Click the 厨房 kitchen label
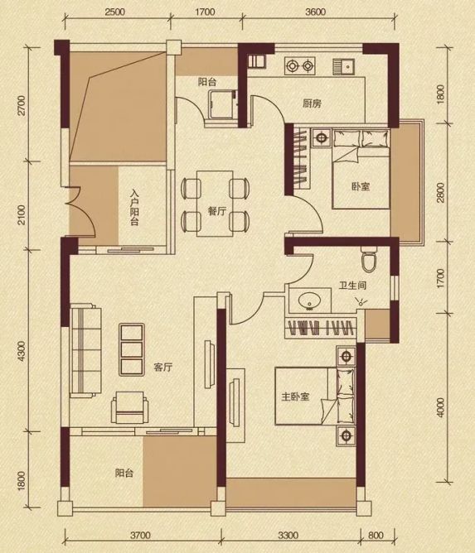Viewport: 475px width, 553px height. coord(312,103)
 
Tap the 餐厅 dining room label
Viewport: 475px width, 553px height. coord(217,212)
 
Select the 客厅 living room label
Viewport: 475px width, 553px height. coord(162,367)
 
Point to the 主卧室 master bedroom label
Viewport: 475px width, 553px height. coord(295,397)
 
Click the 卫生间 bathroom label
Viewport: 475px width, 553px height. coord(352,285)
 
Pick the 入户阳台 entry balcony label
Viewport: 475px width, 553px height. coord(134,207)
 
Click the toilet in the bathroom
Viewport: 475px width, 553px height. coord(369,258)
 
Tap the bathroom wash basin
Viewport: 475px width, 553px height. coord(310,301)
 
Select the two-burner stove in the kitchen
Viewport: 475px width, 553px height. coord(300,65)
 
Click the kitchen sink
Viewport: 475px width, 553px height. coord(344,67)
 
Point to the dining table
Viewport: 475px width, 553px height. coord(215,204)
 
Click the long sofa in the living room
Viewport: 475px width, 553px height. coord(85,350)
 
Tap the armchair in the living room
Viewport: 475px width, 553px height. coord(129,407)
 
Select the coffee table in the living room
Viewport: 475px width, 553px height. coord(131,349)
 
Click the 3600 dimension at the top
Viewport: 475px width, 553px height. coord(315,12)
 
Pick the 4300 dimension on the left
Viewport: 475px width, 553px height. coord(22,351)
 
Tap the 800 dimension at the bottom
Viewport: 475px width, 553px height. coord(376,536)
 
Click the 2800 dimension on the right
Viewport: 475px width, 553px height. coord(440,192)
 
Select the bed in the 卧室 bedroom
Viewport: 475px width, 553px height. coord(361,169)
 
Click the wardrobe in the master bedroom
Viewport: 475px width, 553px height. coord(320,329)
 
